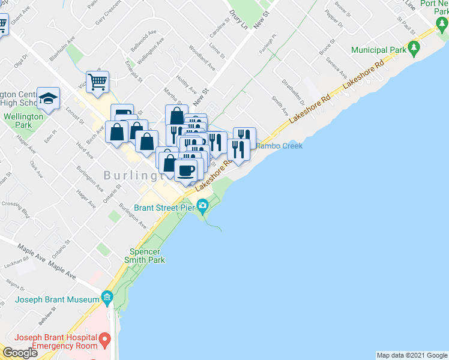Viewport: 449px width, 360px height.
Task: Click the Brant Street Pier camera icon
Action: coord(203,207)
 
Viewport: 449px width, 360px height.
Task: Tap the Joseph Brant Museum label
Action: coord(57,299)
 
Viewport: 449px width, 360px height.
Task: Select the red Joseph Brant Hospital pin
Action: coord(105,341)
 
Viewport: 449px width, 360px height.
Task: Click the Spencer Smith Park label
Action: coord(145,256)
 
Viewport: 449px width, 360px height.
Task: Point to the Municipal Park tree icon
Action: coord(413,47)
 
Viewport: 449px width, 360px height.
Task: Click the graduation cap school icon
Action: coord(48,98)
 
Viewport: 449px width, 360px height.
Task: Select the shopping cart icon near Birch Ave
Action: coord(97,82)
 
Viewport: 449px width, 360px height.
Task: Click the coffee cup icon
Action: coord(186,170)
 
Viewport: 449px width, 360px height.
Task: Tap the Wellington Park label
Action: coord(23,121)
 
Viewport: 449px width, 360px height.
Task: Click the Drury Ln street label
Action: coord(238,19)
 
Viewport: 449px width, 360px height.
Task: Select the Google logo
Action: coord(20,353)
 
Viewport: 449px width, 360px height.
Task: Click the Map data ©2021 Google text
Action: coord(412,355)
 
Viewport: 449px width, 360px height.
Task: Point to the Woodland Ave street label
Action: coord(202,57)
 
